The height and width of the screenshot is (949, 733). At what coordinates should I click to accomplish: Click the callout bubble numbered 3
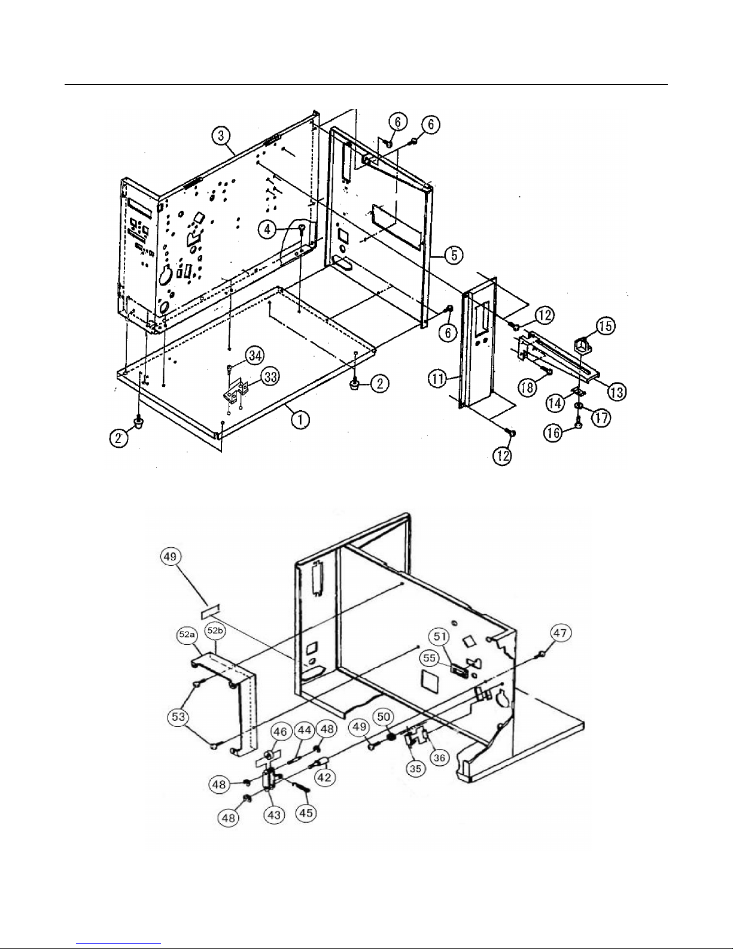pyautogui.click(x=222, y=137)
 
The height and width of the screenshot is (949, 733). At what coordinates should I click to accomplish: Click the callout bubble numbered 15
pyautogui.click(x=606, y=326)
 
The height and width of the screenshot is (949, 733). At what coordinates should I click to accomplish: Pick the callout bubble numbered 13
pyautogui.click(x=616, y=392)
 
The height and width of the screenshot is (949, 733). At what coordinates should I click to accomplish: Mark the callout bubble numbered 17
pyautogui.click(x=601, y=417)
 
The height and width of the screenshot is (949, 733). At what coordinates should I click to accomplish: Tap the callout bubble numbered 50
pyautogui.click(x=383, y=716)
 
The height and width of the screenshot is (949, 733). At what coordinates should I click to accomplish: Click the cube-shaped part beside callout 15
pyautogui.click(x=580, y=345)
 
